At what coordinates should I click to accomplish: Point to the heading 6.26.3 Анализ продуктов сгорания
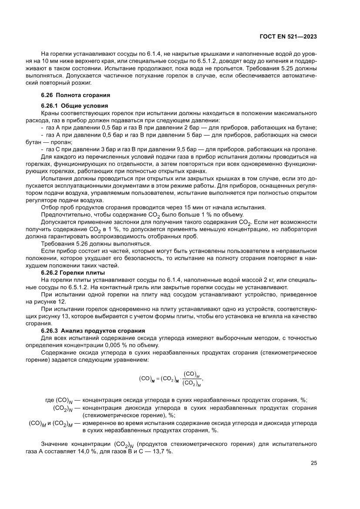pos(93,331)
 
